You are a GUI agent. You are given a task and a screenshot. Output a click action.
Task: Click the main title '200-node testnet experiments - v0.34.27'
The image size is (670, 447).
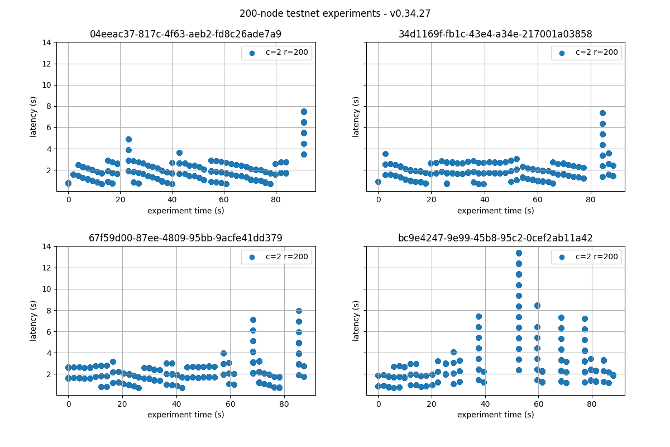pos(335,13)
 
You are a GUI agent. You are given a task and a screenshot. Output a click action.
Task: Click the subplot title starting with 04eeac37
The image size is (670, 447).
pos(185,34)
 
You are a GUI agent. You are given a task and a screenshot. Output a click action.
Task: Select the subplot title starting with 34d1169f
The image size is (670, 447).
pos(495,34)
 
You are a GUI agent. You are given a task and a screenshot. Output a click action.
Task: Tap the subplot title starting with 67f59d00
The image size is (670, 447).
pos(185,238)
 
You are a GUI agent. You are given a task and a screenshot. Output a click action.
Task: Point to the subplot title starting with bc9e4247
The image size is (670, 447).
pos(495,238)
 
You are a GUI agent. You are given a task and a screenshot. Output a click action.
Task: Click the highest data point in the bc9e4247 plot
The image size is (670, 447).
pos(519,253)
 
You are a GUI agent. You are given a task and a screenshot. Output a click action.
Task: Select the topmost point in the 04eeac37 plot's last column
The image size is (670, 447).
pos(304,112)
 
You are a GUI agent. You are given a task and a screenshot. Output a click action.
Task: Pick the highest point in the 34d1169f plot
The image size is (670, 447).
pos(602,113)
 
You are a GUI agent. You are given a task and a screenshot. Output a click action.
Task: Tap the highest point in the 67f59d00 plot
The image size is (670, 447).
pos(299,311)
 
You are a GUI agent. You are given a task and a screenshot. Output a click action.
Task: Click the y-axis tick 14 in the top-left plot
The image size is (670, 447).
pos(49,42)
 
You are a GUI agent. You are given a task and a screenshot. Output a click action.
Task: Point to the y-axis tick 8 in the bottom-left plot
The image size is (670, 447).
pos(49,310)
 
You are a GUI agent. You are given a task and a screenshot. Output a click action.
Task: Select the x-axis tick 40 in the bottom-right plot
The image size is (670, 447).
pos(485,403)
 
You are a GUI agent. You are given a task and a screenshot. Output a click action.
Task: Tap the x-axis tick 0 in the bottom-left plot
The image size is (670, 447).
pos(68,403)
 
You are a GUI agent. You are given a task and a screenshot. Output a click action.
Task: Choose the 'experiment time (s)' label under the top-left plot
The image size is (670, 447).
pos(185,211)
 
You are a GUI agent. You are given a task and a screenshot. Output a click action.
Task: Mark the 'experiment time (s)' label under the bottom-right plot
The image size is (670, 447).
pos(495,415)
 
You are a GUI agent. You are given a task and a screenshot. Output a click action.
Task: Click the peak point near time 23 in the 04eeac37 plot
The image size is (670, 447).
pos(128,139)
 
